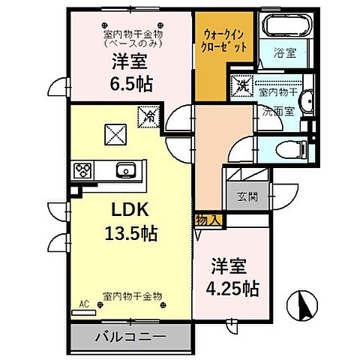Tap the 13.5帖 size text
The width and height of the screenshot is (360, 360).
[129, 233]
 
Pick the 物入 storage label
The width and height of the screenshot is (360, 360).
[208, 220]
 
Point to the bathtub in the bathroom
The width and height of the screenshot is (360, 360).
[281, 26]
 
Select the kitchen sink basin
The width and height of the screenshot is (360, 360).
[126, 169]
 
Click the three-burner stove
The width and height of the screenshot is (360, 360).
[82, 170]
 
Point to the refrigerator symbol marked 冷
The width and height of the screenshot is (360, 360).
[148, 115]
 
